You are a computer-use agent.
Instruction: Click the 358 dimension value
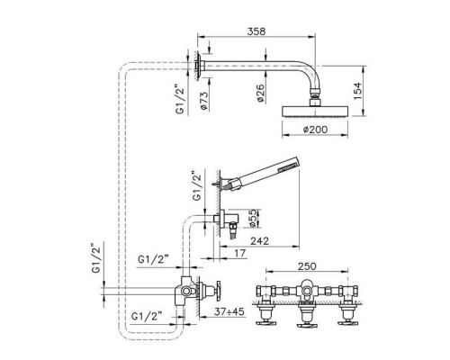point(256,31)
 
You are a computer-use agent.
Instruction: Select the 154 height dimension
point(357,91)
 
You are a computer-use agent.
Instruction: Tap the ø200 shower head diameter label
point(315,130)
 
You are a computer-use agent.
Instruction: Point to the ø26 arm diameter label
point(260,93)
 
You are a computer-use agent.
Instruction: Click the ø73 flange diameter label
point(203,100)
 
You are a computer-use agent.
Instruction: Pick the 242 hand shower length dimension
point(260,240)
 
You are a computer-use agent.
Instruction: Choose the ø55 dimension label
point(253,218)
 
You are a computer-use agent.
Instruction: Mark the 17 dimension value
point(240,254)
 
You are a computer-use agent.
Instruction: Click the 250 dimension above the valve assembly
point(307,266)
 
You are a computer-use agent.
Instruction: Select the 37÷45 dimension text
point(229,312)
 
